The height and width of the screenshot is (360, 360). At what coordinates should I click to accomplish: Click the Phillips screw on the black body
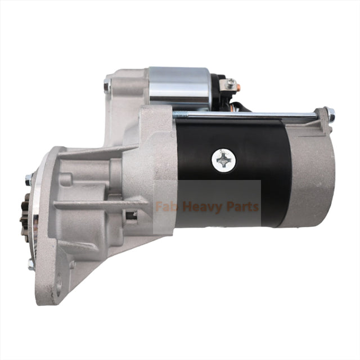[223, 161]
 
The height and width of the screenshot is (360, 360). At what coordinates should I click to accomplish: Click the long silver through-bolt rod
[253, 116]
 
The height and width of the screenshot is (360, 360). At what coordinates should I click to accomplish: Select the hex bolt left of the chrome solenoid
[107, 86]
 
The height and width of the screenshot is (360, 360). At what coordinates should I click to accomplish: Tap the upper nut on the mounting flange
[28, 180]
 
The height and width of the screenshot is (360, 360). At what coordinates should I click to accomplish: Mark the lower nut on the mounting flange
[31, 263]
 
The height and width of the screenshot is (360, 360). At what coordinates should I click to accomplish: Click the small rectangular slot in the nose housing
[132, 215]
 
